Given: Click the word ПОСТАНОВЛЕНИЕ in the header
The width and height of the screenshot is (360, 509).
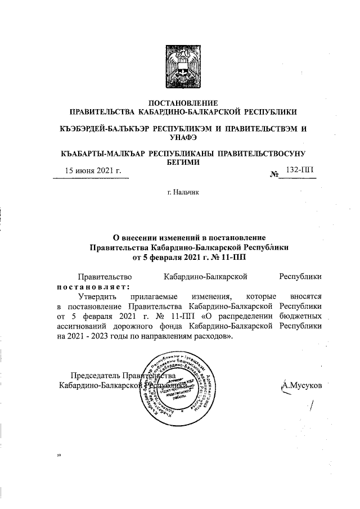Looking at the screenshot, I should [x=182, y=102].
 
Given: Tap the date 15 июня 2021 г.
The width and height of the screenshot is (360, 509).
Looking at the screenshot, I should [x=93, y=170].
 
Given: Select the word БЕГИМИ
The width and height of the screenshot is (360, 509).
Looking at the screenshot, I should [x=182, y=161].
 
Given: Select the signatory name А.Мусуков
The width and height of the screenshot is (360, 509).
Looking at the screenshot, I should [x=303, y=386].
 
